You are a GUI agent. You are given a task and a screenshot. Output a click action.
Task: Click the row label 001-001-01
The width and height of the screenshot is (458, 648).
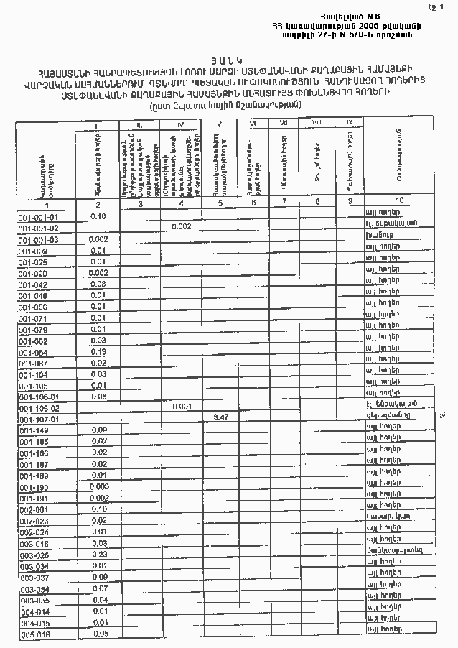pos(39,216)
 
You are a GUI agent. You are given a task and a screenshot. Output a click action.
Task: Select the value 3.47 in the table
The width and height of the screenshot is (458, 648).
pos(220,417)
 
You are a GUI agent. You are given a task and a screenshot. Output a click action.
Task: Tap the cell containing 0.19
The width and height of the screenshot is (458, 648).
pos(98,351)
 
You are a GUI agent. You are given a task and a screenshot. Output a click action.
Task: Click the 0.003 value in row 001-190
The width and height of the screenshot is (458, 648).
pos(100,486)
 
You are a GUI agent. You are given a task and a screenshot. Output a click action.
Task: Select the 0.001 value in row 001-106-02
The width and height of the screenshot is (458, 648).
pos(181,406)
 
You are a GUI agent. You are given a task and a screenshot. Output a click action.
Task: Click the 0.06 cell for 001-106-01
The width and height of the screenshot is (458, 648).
pos(99,396)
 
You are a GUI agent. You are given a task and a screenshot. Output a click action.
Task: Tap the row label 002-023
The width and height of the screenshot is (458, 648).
pos(34,521)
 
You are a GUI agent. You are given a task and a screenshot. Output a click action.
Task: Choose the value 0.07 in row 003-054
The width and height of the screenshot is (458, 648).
pos(100,588)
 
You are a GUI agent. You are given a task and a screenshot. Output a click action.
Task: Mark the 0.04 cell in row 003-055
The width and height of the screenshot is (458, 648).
pos(100,599)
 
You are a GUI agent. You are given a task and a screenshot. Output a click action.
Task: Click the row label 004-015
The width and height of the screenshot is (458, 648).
pos(34,623)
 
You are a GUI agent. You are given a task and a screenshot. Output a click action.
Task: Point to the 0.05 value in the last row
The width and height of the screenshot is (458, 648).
pos(101,634)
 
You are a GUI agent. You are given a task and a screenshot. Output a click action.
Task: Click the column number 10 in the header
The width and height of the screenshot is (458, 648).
pos(398,200)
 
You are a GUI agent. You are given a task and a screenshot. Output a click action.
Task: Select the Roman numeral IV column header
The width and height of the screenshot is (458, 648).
pos(180,126)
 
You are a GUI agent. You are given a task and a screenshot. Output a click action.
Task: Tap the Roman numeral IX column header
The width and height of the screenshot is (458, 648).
pos(349,124)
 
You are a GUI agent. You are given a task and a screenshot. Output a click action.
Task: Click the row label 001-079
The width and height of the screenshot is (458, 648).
pos(33,330)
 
